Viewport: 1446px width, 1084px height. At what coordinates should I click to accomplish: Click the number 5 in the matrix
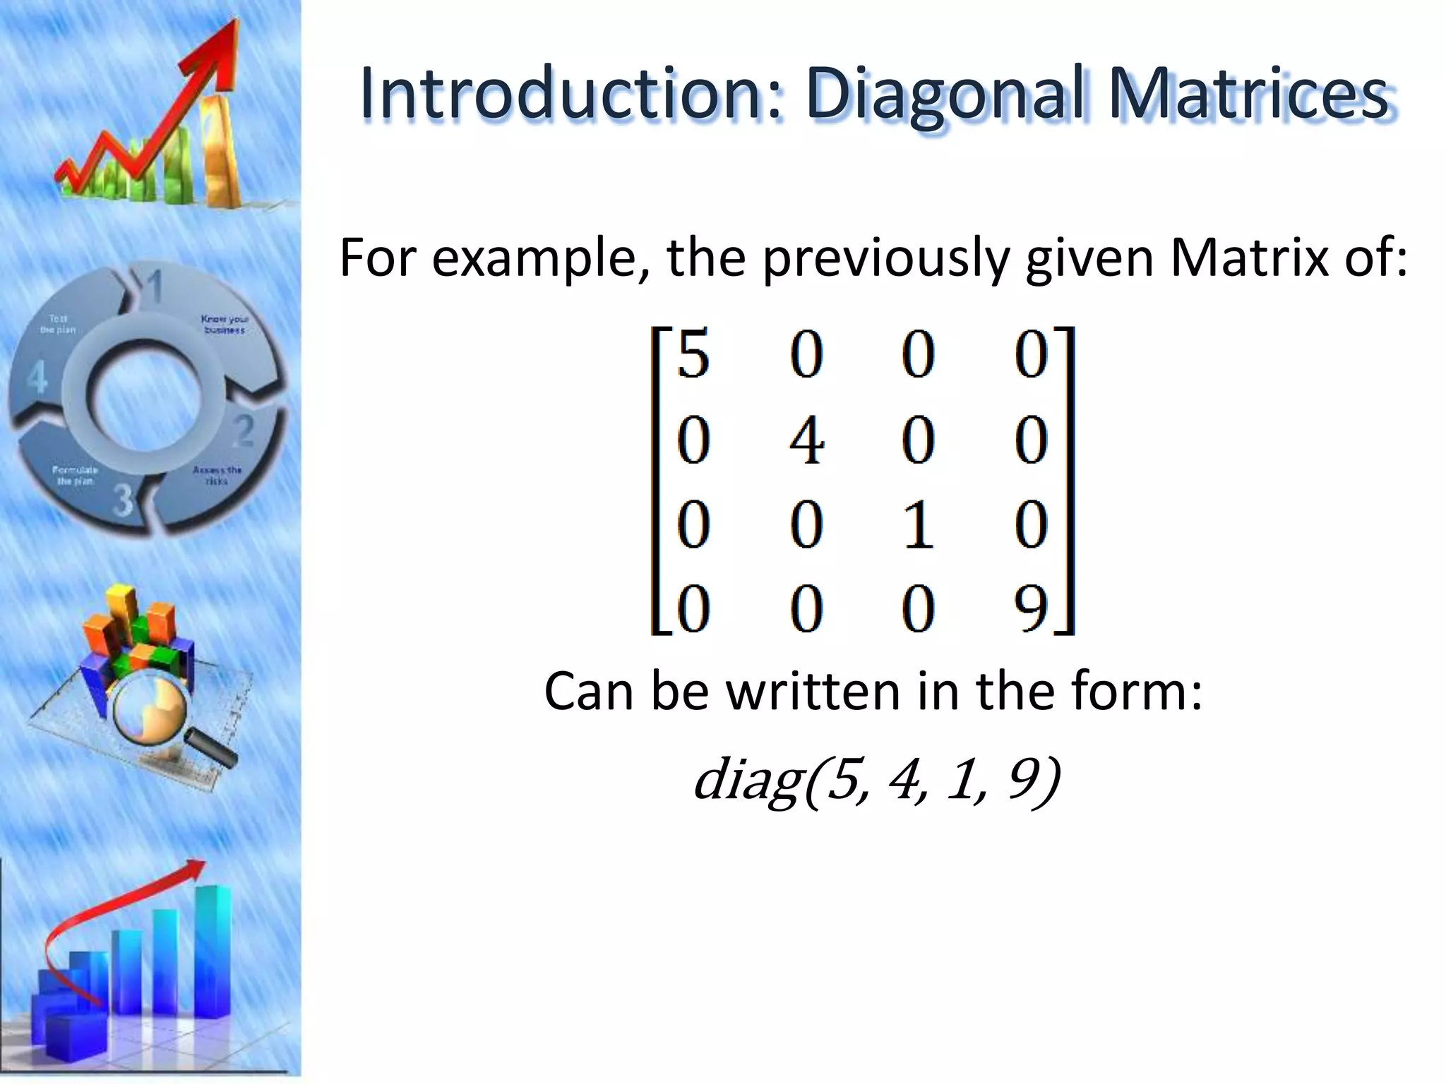coord(693,355)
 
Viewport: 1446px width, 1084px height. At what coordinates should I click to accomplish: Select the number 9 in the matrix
coord(1030,608)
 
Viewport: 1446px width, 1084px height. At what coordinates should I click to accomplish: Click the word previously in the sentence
coord(888,260)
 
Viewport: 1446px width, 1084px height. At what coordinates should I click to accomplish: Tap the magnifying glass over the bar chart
coord(152,713)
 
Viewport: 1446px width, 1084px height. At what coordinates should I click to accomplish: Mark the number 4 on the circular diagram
coord(37,378)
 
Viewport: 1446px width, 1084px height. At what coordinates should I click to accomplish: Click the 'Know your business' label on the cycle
coord(225,324)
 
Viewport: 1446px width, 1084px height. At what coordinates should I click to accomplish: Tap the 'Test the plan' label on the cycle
coord(58,324)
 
